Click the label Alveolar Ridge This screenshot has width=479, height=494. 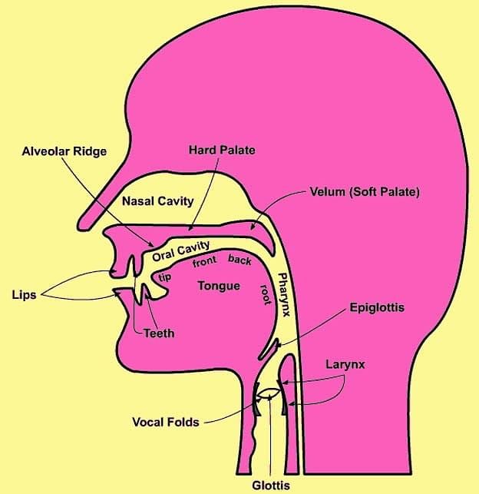click(x=64, y=151)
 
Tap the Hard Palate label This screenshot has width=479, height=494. click(x=222, y=150)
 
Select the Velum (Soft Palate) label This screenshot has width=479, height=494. click(x=365, y=192)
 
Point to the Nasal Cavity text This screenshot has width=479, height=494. click(x=157, y=201)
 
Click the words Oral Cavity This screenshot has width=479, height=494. click(x=181, y=251)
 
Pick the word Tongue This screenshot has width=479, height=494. click(x=219, y=286)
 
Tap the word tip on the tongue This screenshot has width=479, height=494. click(x=165, y=277)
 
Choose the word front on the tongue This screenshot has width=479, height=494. click(x=204, y=261)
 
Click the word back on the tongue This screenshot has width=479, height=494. click(x=240, y=260)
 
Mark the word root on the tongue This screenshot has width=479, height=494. click(x=266, y=294)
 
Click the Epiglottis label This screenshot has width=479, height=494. click(x=377, y=307)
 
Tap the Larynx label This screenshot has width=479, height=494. click(x=345, y=364)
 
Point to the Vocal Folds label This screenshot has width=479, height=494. click(x=166, y=423)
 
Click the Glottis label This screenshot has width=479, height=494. click(x=271, y=486)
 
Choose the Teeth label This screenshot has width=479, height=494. click(x=159, y=333)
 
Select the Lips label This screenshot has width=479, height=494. click(x=25, y=295)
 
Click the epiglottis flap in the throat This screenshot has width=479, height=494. click(x=268, y=349)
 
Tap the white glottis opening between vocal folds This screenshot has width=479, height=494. click(x=269, y=393)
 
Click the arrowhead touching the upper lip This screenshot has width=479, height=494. click(x=112, y=271)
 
